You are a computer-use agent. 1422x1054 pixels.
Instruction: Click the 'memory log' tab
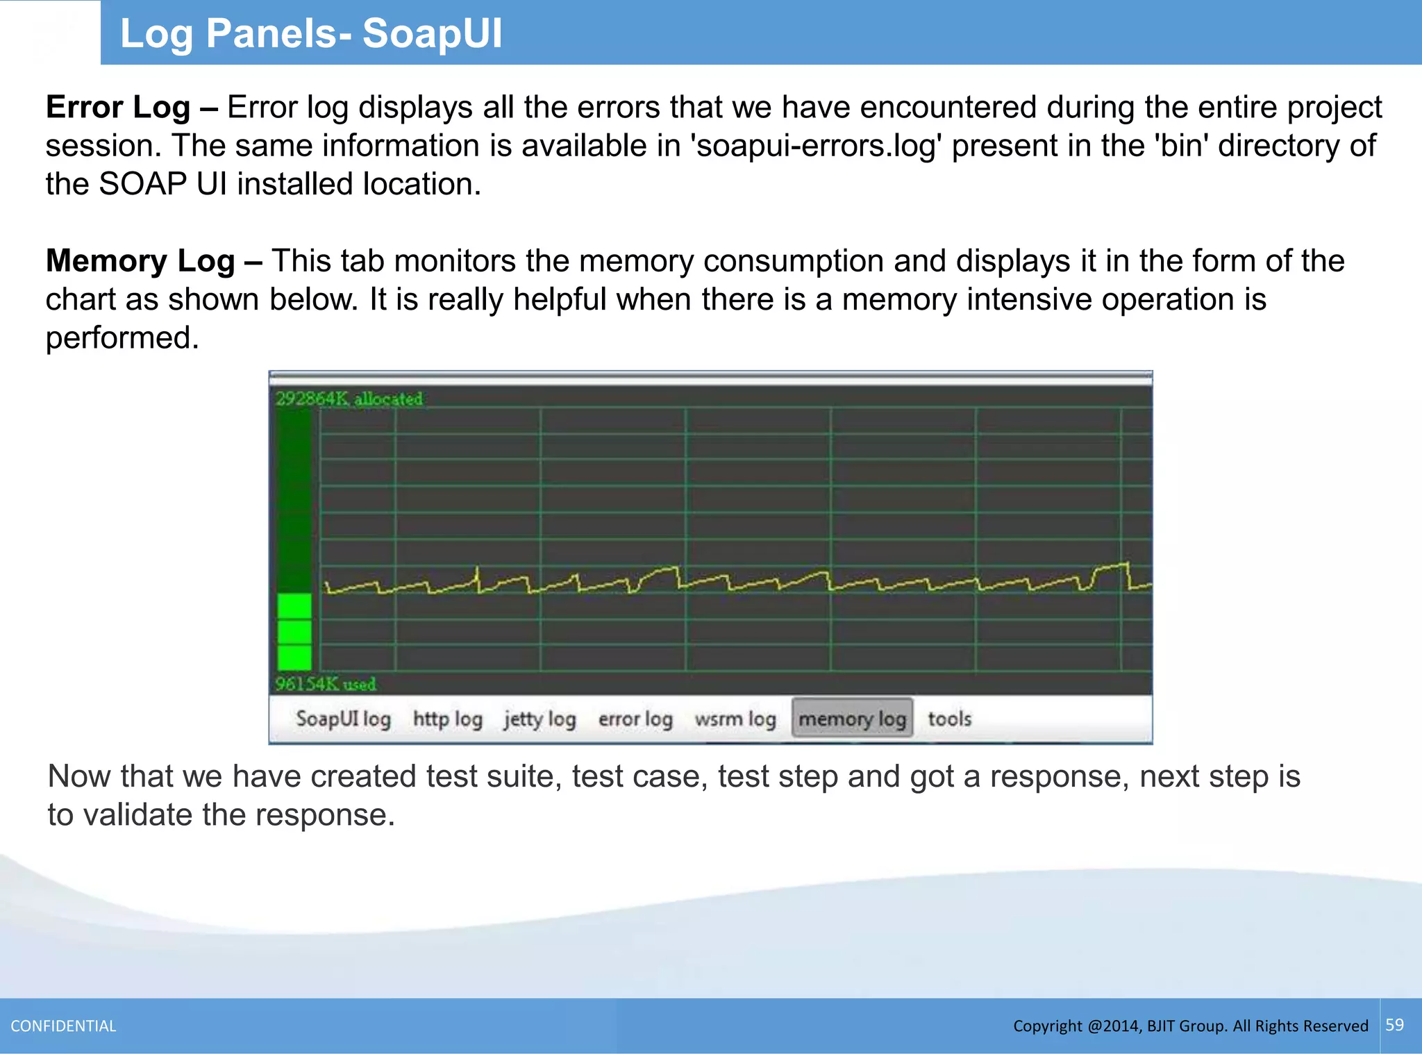tap(852, 719)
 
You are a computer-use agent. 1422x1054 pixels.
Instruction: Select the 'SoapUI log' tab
tap(343, 719)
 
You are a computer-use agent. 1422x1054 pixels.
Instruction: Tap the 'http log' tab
tap(448, 719)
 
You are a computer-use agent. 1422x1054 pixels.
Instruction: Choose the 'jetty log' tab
tap(540, 719)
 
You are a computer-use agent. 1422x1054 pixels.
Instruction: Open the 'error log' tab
tap(635, 719)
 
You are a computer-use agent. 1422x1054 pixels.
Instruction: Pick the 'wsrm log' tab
tap(735, 719)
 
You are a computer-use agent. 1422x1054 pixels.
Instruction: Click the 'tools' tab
tap(949, 719)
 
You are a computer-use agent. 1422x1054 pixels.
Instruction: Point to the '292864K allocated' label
tap(349, 399)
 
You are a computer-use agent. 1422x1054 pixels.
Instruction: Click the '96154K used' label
tap(326, 684)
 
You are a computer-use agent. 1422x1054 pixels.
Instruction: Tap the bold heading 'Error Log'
tap(118, 108)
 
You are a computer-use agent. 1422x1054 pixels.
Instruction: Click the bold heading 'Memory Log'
tap(140, 261)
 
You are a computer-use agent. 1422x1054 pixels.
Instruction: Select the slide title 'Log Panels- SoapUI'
tap(311, 33)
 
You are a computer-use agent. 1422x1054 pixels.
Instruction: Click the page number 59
tap(1394, 1025)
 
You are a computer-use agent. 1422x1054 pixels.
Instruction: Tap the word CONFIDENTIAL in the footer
tap(63, 1026)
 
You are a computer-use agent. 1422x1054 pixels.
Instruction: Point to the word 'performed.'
tap(122, 338)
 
